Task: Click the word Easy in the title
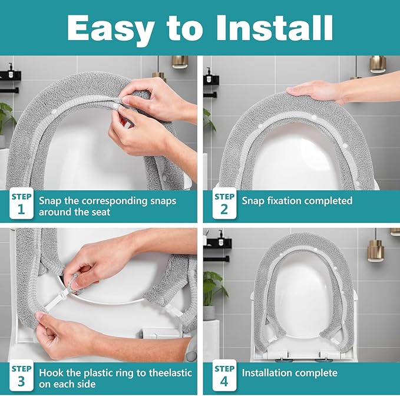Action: pyautogui.click(x=111, y=29)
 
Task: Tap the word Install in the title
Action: pyautogui.click(x=275, y=28)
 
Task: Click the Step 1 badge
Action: pyautogui.click(x=21, y=203)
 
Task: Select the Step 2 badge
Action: pyautogui.click(x=224, y=203)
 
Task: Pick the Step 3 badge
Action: pyautogui.click(x=21, y=375)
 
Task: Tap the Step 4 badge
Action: pyautogui.click(x=224, y=375)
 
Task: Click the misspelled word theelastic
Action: pyautogui.click(x=170, y=373)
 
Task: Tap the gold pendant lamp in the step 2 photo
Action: pyautogui.click(x=377, y=65)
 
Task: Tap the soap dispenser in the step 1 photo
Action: pyautogui.click(x=11, y=71)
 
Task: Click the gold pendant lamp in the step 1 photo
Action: pyautogui.click(x=180, y=62)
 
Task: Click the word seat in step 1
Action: pyautogui.click(x=101, y=212)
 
